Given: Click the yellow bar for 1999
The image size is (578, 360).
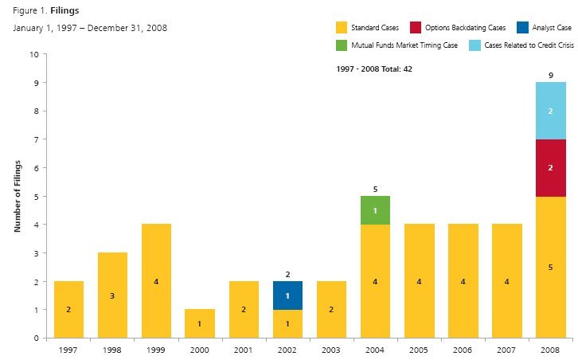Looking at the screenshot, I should (x=156, y=281).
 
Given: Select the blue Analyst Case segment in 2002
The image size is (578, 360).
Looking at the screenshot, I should (x=287, y=295).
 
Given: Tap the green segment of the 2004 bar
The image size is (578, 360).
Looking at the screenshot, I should (x=375, y=210).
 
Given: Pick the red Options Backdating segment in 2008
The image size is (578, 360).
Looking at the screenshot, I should (x=550, y=168).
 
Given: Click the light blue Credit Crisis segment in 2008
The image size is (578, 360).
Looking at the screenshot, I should (x=550, y=111).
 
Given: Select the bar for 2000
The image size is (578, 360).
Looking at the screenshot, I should (x=200, y=323).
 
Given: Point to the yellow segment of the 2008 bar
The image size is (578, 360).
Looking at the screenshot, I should (x=550, y=267).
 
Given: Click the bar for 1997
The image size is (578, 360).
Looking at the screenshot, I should (x=68, y=309).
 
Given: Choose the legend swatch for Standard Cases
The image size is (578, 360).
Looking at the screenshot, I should (x=342, y=27).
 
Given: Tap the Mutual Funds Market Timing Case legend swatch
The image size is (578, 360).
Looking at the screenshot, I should (x=342, y=45).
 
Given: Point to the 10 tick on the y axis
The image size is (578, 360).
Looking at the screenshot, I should (x=33, y=55).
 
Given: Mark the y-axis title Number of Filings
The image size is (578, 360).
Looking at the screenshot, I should (x=17, y=196).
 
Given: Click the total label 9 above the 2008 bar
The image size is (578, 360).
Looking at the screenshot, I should (x=550, y=75).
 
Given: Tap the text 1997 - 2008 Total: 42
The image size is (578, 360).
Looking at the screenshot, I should (x=374, y=69).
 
